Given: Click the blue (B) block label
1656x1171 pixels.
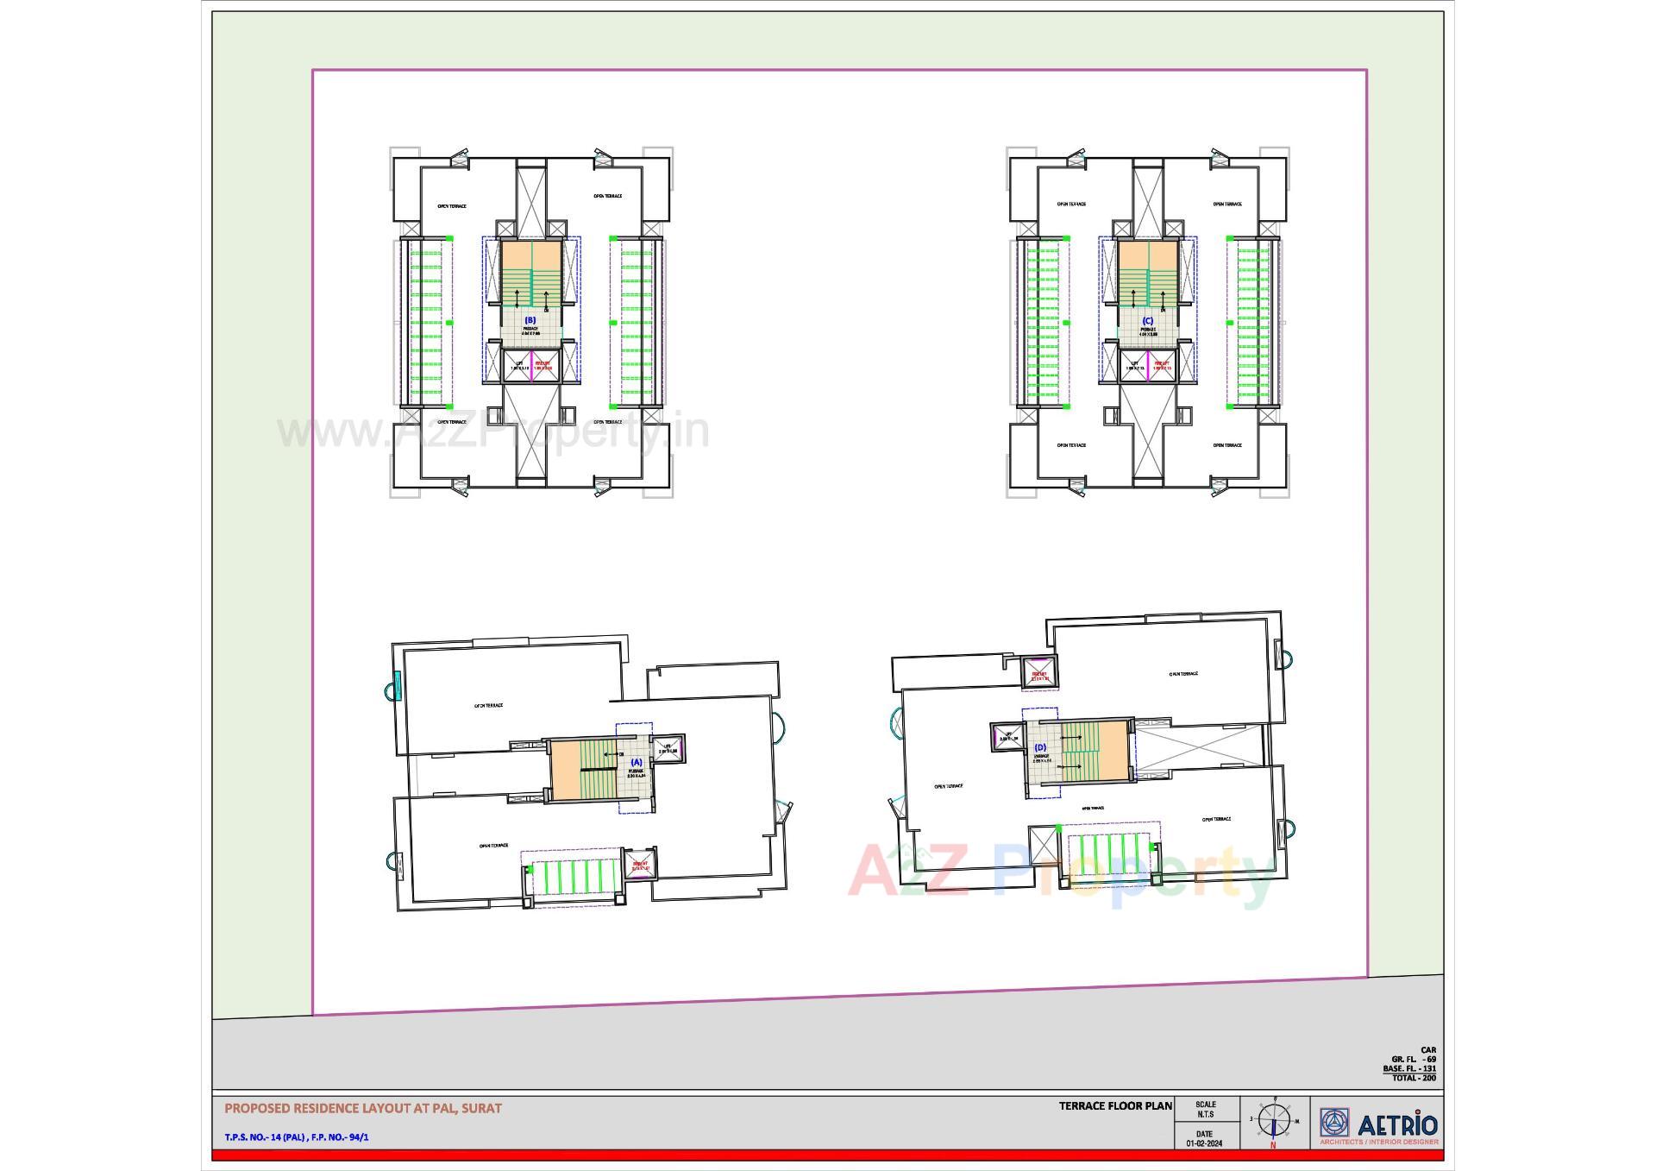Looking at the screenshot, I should point(530,320).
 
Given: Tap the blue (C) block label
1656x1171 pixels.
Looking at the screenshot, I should point(1147,321).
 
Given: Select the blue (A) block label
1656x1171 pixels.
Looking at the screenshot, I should point(637,763).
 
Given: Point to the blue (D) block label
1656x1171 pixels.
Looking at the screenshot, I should point(1040,747).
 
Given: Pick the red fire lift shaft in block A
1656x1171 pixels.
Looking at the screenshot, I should point(640,865).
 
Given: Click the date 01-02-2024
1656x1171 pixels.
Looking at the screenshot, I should point(1204,1143).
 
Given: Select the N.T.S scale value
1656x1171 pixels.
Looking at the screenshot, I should point(1205,1114).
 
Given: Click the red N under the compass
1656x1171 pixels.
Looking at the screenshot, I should point(1273,1146).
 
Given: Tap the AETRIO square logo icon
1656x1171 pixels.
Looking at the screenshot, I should point(1334,1123).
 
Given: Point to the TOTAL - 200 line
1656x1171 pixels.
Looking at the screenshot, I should point(1414,1078).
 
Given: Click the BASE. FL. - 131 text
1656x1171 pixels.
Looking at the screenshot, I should point(1409,1068).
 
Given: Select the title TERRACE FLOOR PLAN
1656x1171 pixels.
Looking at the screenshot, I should point(1115,1105).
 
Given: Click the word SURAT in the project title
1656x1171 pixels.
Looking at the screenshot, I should point(481,1108).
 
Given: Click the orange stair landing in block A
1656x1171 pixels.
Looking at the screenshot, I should point(564,769).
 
